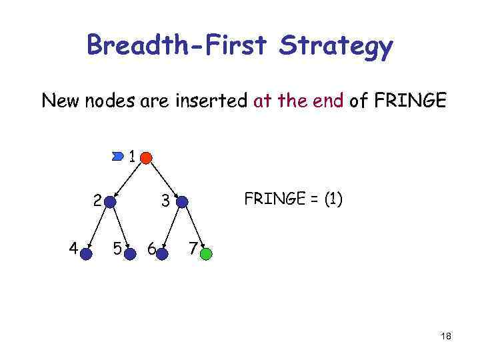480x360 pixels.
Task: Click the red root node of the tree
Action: [146, 157]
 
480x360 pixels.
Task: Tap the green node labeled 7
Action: [207, 253]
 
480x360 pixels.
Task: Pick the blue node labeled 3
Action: [182, 201]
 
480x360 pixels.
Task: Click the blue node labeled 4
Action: [86, 253]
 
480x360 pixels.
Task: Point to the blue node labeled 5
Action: [129, 253]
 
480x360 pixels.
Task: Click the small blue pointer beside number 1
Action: [119, 157]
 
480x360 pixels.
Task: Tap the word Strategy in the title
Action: [337, 47]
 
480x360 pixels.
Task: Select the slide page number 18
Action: [445, 337]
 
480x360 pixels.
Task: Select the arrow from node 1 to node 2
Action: [129, 178]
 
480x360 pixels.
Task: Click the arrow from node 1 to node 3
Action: [163, 178]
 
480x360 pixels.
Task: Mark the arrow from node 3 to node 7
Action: [195, 227]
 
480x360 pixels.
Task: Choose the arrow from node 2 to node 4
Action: [98, 227]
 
